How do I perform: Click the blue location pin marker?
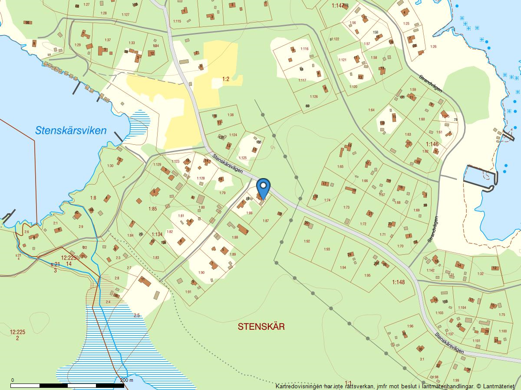coord(263,188)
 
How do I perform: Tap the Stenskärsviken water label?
coord(71,130)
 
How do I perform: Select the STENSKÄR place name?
coord(261,327)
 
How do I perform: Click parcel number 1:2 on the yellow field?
coord(226,79)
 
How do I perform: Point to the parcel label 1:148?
coord(398,283)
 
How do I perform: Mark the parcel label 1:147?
coord(338,6)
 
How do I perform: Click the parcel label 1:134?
coord(157,234)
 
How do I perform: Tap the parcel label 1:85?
coord(152,209)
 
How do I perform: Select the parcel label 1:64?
coord(371,110)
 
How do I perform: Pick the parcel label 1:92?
coord(307,241)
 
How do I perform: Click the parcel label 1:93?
coord(327,249)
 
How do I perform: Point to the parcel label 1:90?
coord(201,273)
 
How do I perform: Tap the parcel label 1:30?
coord(110,166)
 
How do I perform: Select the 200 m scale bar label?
coord(126,380)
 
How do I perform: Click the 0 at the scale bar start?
coord(12,380)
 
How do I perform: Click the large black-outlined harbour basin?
coord(479,178)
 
